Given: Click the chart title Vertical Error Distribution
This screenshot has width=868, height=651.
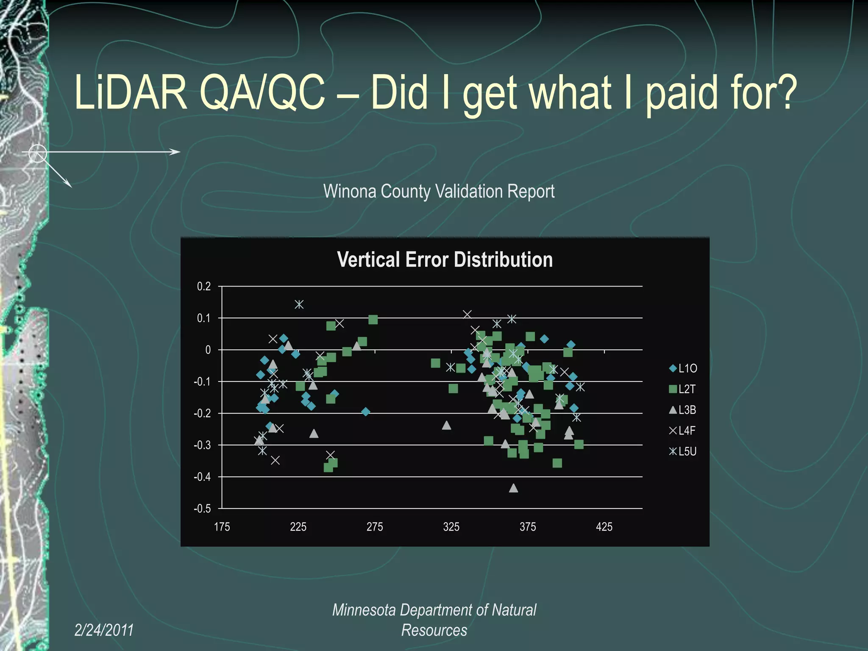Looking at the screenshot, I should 445,259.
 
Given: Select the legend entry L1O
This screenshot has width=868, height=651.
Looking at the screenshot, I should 683,368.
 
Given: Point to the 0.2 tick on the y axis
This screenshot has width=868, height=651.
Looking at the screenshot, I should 204,287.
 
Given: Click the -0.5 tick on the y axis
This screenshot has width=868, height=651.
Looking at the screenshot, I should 202,509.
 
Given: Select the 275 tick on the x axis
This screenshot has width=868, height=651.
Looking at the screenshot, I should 375,527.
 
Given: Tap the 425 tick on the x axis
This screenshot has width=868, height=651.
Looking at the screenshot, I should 604,527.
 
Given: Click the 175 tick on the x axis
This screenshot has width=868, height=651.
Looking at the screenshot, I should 222,527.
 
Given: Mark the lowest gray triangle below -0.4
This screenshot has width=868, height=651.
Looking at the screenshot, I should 513,488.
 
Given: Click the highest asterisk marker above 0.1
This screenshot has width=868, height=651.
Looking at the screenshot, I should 299,304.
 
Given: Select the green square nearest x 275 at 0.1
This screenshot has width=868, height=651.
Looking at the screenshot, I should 373,320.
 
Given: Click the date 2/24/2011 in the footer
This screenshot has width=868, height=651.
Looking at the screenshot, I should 104,630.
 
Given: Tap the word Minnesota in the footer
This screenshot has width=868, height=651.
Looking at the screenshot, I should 364,610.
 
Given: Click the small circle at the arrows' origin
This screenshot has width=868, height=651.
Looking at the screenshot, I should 37,153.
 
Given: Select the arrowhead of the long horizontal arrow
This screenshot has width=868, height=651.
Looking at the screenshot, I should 176,152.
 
